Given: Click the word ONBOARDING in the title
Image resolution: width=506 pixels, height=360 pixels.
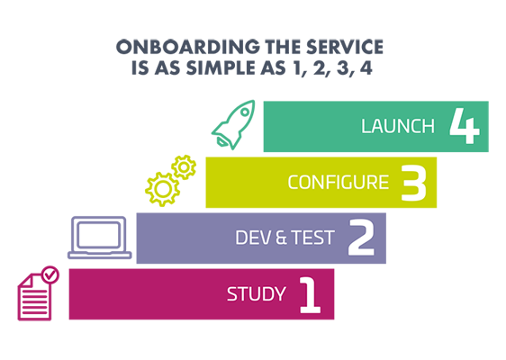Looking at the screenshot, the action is tap(188, 47).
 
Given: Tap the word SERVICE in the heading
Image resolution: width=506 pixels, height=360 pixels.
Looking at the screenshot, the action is tap(344, 47).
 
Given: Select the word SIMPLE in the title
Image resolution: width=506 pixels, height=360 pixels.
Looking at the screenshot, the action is tap(221, 68).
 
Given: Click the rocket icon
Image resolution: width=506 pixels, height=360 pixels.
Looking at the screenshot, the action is tap(233, 125).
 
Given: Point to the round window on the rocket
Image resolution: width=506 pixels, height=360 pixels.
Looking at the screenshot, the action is tap(245, 112).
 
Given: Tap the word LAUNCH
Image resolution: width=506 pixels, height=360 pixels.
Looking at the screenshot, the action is tap(398, 126).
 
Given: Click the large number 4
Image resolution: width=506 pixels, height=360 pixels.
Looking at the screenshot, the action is tap(465, 126).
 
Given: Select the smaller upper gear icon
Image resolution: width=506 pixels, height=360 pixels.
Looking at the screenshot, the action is tap(184, 167).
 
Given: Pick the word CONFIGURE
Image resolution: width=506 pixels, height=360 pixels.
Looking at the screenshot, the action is tap(339, 183).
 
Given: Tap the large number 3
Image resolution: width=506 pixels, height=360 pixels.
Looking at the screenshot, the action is tap(414, 183).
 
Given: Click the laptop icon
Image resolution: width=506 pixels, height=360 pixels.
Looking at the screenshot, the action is tap(99, 238).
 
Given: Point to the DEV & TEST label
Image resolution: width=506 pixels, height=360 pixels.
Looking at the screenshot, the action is tap(285, 238).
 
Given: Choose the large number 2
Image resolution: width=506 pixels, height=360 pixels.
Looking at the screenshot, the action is tap(361, 238).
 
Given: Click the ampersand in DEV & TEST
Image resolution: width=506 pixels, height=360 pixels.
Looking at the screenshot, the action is tap(281, 238).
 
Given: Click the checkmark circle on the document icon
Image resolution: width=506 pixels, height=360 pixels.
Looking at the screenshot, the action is tap(50, 275).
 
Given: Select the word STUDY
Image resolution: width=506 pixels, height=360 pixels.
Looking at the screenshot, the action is tap(257, 294).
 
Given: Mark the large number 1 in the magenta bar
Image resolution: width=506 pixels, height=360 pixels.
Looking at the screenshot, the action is tap(310, 294).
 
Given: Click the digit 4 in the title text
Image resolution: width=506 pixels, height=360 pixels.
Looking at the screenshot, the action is tap(366, 68).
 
